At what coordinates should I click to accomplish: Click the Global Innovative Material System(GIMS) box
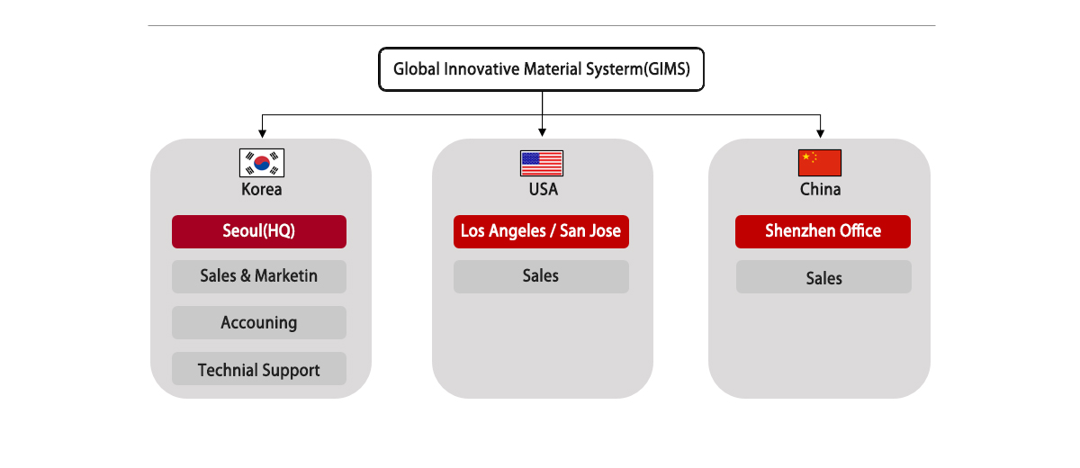541,69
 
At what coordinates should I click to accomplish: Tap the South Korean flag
262,163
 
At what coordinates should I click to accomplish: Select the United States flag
542,164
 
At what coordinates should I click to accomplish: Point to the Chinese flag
820,163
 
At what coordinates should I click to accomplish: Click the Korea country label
261,189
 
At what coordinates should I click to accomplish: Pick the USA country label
544,189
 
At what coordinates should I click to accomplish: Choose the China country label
820,189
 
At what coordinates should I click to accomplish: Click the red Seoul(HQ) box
259,232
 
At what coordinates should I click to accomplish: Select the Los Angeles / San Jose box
541,232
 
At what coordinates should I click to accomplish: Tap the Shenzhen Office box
823,232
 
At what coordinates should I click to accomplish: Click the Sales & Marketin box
259,276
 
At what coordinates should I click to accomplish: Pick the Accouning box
259,322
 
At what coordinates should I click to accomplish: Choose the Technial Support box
259,369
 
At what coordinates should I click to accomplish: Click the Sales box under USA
541,276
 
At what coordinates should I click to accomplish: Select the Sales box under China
823,276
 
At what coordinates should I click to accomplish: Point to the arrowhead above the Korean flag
262,133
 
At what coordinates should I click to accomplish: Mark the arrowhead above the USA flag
543,132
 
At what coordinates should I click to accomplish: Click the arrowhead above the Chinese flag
820,133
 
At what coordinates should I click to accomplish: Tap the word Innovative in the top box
481,69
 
